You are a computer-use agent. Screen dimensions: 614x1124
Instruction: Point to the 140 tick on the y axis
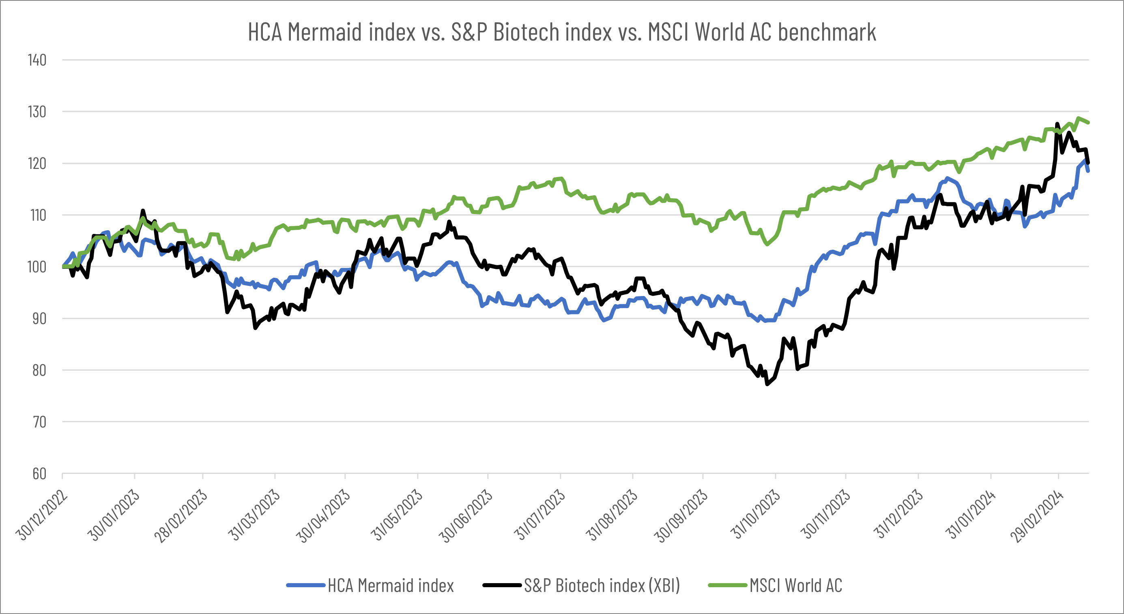(x=37, y=60)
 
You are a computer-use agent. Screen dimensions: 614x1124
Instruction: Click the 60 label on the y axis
(x=39, y=473)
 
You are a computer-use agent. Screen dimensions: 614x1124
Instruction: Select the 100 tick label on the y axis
(x=37, y=267)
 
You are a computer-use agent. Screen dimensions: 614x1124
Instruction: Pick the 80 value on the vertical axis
(x=39, y=370)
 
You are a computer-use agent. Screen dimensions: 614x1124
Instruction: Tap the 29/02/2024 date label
(x=1038, y=515)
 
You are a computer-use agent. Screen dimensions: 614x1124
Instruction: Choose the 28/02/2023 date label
(x=181, y=515)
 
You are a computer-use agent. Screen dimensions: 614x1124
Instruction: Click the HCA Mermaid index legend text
(x=391, y=586)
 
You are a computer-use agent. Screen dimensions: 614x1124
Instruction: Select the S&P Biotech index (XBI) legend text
(x=602, y=586)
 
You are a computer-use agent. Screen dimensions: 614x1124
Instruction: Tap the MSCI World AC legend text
(x=796, y=586)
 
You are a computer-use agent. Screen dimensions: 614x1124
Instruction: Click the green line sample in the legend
(x=727, y=585)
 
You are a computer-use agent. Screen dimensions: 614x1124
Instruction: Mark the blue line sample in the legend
(x=306, y=585)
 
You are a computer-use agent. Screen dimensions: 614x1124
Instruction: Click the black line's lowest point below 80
(x=767, y=384)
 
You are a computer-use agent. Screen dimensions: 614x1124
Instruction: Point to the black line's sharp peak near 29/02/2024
(x=1057, y=124)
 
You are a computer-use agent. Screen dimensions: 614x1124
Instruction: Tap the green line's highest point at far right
(x=1078, y=118)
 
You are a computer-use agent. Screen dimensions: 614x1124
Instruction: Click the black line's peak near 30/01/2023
(x=143, y=211)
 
